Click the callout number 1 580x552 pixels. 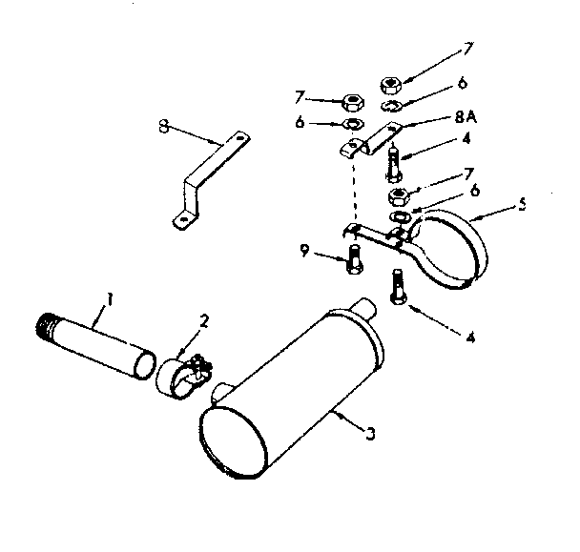click(110, 298)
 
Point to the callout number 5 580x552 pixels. click(521, 203)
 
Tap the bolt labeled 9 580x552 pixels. click(355, 258)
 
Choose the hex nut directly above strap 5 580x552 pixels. click(399, 198)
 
